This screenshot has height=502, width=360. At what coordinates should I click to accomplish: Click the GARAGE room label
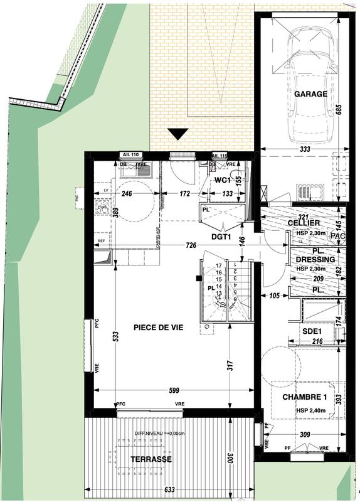pos(310,94)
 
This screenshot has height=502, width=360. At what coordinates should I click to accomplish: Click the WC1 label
pos(224,180)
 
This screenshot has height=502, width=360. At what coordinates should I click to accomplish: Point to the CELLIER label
pos(305,223)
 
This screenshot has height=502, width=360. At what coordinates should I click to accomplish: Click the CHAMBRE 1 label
pos(305,397)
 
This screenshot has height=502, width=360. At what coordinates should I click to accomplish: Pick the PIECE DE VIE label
pos(158,327)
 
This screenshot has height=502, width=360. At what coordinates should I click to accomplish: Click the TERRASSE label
pos(151,459)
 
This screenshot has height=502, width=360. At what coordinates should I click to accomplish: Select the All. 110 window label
pos(131,155)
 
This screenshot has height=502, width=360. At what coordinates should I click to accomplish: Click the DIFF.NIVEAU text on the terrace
pos(156,433)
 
